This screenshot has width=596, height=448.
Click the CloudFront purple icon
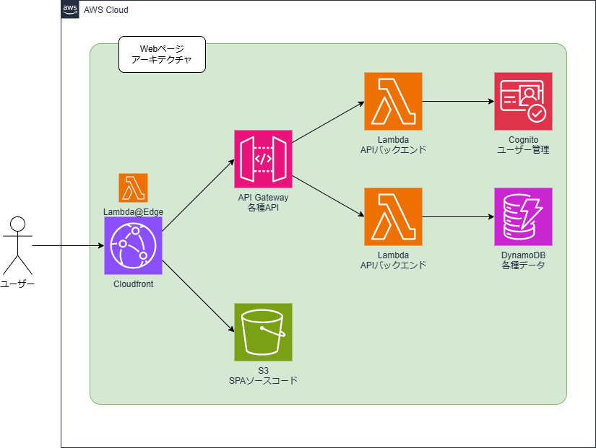133,245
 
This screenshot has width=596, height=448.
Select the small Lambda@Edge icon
133,188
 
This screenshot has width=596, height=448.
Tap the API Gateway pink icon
263,159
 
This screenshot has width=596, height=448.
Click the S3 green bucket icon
263,332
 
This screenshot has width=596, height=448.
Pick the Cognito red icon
523,102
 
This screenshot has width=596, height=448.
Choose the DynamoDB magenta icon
523,217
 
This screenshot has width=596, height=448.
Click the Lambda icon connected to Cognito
393,102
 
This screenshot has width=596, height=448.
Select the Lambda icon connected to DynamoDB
393,217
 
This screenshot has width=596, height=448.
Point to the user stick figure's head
17,224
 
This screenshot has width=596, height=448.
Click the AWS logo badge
70,9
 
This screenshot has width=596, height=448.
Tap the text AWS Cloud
106,10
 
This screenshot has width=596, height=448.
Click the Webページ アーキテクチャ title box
162,54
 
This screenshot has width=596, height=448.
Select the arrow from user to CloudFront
68,245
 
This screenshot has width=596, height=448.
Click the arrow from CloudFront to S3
198,296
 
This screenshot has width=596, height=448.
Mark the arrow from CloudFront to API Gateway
198,196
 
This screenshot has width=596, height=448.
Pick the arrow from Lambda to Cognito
458,102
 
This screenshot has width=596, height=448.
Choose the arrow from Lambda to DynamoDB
458,217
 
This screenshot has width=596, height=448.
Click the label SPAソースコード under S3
263,380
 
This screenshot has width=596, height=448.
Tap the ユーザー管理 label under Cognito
523,149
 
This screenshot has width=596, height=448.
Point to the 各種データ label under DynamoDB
523,265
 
